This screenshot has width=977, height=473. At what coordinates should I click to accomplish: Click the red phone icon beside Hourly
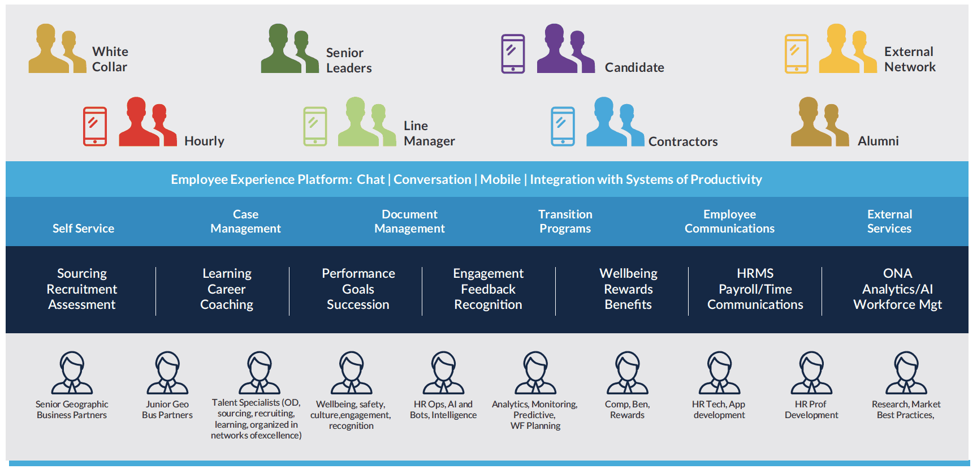[95, 126]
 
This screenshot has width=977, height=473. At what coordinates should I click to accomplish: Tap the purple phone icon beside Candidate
[513, 54]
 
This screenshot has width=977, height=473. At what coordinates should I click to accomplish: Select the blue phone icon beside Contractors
[563, 126]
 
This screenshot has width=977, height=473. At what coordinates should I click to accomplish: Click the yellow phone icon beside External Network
[796, 54]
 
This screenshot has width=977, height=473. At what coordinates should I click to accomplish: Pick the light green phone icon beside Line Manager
[315, 126]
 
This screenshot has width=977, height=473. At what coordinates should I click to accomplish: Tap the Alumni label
[877, 141]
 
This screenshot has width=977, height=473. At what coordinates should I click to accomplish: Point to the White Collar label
[110, 59]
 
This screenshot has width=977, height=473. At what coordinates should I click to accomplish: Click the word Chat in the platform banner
[370, 179]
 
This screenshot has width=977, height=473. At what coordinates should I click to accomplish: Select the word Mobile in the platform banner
[500, 179]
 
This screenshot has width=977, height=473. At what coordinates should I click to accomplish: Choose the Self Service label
[83, 229]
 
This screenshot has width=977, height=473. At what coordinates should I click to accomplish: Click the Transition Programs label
[565, 221]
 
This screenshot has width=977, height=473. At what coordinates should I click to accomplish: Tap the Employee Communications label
[729, 221]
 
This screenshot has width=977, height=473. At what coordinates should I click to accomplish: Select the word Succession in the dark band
[358, 304]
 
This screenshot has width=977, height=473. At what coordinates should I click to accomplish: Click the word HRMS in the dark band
[755, 273]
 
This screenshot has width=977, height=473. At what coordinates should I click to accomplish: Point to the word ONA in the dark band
[897, 273]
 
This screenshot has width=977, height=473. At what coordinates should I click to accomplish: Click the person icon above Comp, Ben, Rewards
[627, 373]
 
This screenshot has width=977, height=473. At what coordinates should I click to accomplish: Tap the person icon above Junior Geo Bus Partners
[167, 373]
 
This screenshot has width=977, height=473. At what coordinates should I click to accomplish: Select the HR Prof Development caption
[811, 410]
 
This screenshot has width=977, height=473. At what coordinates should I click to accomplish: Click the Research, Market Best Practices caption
[906, 410]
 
